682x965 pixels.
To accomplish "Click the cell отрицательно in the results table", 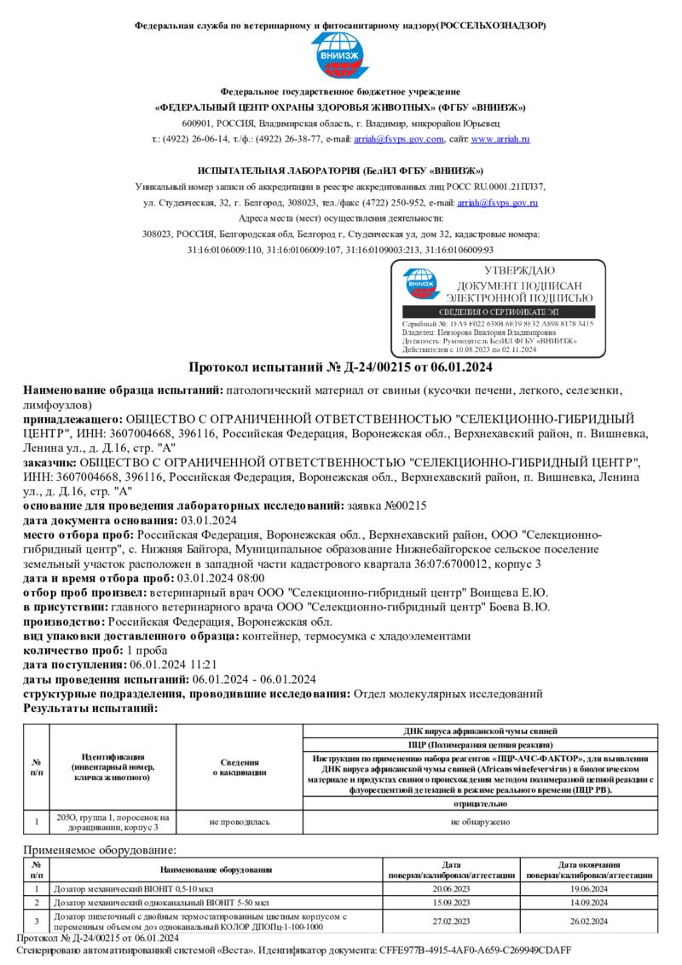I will click(x=480, y=804).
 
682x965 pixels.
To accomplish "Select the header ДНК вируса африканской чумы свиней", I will click(x=480, y=731).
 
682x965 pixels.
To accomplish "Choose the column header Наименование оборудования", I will click(x=216, y=870).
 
